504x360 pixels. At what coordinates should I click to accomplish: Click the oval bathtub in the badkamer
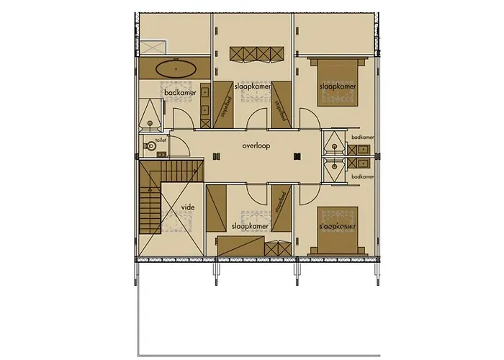tap(176, 70)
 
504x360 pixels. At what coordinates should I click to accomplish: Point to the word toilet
tap(160, 140)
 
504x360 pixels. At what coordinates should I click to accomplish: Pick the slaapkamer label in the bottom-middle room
tap(250, 226)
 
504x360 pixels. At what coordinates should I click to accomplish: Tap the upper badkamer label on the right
tap(363, 136)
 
